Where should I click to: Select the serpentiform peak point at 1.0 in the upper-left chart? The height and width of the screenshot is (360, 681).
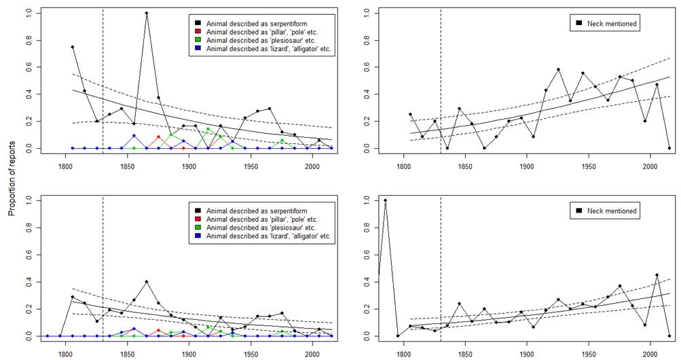coord(147,13)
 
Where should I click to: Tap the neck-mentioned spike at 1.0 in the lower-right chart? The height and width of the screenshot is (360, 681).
coord(386,200)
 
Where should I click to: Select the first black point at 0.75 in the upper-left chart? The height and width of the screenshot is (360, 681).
coord(73,47)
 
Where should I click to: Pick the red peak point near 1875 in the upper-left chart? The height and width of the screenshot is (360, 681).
coord(159,137)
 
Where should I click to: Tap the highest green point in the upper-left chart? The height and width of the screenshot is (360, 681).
coord(208,129)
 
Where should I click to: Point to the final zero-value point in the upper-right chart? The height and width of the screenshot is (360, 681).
coord(669,148)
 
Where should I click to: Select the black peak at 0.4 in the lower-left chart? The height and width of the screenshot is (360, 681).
coord(147,281)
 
